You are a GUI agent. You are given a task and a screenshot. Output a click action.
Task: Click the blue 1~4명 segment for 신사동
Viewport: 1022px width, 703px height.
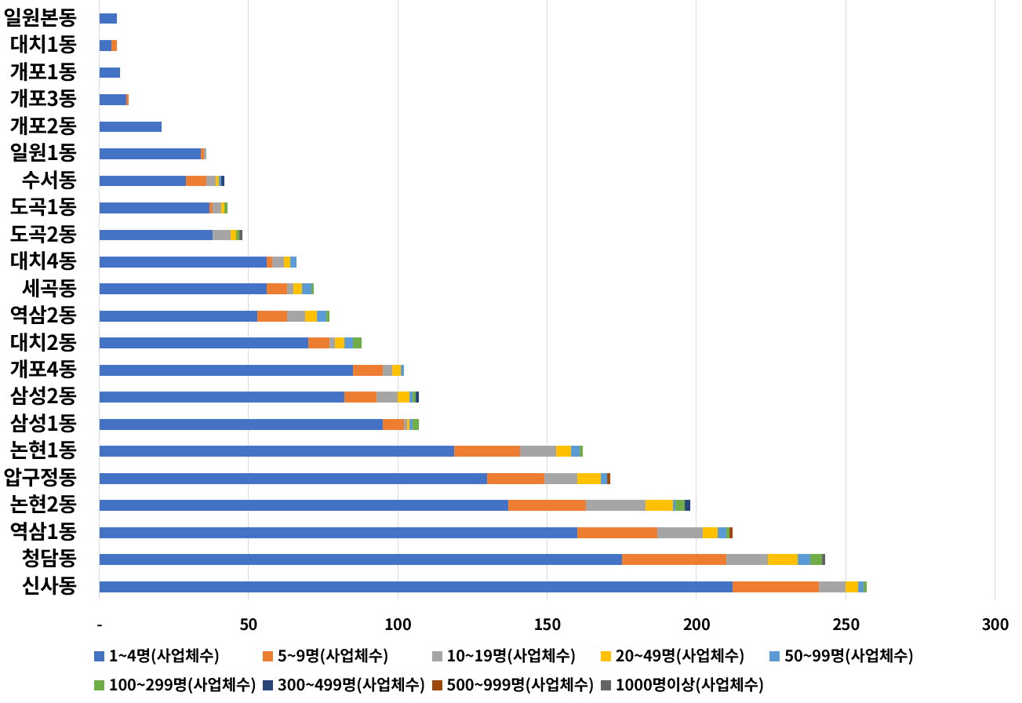416,587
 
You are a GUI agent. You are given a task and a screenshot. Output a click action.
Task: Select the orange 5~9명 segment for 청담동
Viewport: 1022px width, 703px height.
674,559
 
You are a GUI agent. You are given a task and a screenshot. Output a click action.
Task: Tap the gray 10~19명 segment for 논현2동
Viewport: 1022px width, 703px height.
616,505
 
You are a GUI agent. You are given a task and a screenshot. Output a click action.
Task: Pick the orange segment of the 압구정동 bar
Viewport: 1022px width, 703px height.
515,479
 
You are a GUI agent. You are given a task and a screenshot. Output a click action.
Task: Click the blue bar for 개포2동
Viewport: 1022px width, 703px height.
130,126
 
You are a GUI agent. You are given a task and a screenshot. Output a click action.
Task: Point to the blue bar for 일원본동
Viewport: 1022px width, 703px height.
108,18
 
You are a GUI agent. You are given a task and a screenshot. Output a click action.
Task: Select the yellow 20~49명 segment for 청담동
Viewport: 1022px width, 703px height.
783,559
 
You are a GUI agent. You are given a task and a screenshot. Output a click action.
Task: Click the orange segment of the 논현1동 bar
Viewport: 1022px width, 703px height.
487,451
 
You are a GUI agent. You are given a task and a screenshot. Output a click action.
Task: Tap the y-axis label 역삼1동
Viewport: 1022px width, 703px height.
43,532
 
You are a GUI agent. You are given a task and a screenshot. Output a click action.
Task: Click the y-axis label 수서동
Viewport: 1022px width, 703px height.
49,180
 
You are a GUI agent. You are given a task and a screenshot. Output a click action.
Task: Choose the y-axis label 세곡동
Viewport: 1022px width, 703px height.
49,289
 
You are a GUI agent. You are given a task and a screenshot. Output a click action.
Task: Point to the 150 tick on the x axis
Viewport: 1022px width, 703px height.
547,625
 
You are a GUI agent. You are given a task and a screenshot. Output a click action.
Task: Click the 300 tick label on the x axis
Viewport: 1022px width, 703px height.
995,625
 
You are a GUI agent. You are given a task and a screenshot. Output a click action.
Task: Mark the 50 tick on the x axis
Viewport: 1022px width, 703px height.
249,625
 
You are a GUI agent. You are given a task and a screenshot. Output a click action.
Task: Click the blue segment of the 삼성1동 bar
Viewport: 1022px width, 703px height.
241,424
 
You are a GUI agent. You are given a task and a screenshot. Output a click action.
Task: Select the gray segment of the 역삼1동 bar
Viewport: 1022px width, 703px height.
679,533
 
